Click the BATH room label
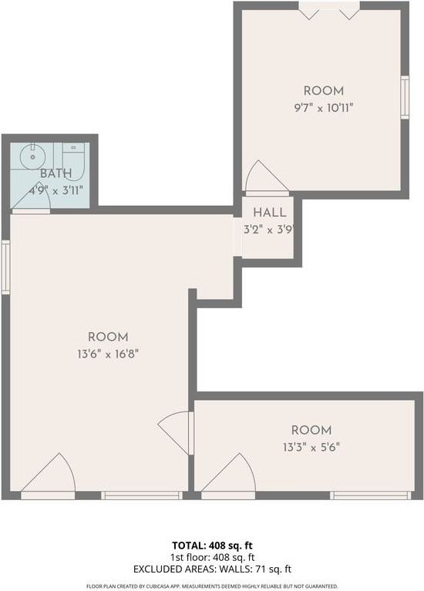pyautogui.click(x=54, y=173)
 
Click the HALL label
pyautogui.click(x=269, y=213)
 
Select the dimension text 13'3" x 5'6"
pyautogui.click(x=311, y=446)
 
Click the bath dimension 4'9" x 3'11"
pyautogui.click(x=55, y=190)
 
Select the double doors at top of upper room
pyautogui.click(x=329, y=12)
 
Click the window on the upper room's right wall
pyautogui.click(x=404, y=96)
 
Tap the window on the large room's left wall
pyautogui.click(x=5, y=267)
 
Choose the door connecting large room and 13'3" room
pyautogui.click(x=178, y=432)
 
